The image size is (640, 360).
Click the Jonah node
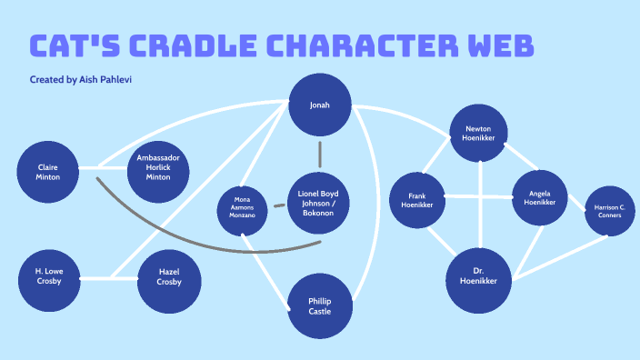(x=319, y=105)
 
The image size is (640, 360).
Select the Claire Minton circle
(x=48, y=171)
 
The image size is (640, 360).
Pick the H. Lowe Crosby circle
(x=48, y=276)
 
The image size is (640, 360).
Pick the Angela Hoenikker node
(x=540, y=199)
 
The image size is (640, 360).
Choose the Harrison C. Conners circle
(x=609, y=212)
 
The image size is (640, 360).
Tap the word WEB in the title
(x=496, y=46)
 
